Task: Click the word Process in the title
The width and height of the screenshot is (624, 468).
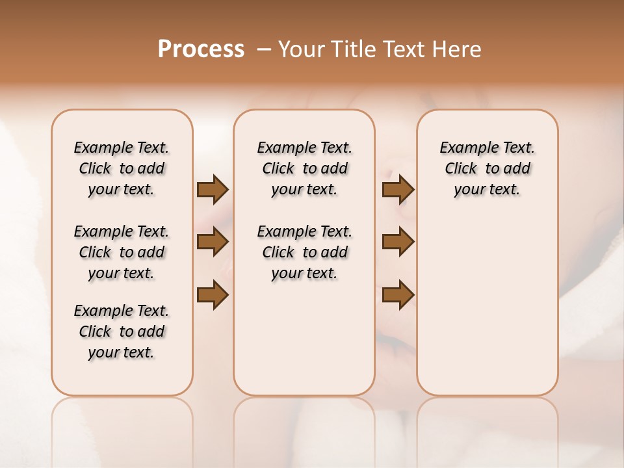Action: [x=201, y=49]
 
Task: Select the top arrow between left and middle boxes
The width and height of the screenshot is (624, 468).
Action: [x=213, y=190]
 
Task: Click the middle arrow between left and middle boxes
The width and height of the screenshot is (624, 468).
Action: [x=213, y=242]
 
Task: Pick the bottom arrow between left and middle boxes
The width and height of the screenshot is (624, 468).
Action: [x=213, y=294]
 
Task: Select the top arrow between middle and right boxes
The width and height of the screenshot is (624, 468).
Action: [x=398, y=190]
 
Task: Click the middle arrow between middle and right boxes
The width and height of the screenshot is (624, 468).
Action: [x=398, y=242]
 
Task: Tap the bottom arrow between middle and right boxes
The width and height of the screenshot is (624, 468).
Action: [x=398, y=294]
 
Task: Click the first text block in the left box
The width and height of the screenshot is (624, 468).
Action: [x=122, y=168]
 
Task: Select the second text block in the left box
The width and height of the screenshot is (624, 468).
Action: [x=122, y=252]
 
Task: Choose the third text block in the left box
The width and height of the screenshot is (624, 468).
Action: [x=122, y=331]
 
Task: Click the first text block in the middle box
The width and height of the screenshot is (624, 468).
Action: [x=304, y=168]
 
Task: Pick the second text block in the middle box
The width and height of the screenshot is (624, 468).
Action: [x=304, y=252]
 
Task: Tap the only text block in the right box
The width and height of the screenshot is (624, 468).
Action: [x=487, y=168]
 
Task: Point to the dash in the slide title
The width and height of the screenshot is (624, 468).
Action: [x=264, y=49]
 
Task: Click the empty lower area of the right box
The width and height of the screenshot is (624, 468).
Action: [x=487, y=312]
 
